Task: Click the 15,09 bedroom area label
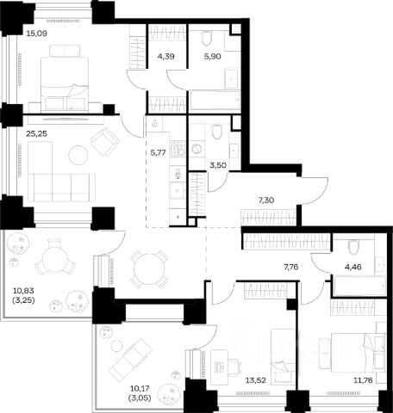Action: [x=36, y=34]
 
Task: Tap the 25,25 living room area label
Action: [x=36, y=133]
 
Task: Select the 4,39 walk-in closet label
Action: [x=166, y=57]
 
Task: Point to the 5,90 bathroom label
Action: [x=213, y=57]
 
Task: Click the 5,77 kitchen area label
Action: [x=159, y=152]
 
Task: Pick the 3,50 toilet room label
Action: [x=218, y=165]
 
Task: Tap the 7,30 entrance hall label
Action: [x=266, y=200]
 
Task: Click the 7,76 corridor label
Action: [x=291, y=267]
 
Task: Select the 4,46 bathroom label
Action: [x=353, y=267]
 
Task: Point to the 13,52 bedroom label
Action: [x=255, y=380]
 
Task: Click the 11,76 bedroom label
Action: [x=363, y=380]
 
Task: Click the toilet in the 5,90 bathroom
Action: [x=207, y=38]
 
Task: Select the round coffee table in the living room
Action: [x=78, y=155]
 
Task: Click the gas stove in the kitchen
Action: [x=178, y=148]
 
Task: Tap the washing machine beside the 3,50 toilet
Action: [x=196, y=149]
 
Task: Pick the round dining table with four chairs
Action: [x=149, y=269]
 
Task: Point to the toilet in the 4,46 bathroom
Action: [x=353, y=247]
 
